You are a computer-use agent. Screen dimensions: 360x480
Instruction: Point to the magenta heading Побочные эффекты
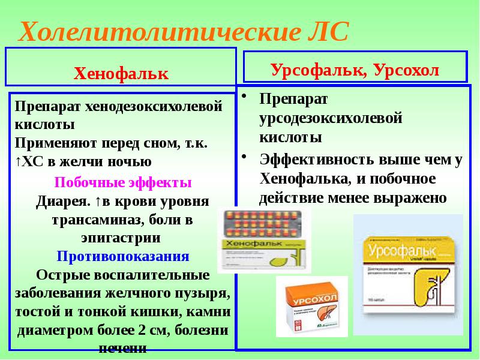[x=123, y=182]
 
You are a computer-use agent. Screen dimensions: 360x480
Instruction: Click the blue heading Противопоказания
[x=123, y=257]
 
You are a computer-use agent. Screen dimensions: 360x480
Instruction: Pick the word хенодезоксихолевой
[x=154, y=107]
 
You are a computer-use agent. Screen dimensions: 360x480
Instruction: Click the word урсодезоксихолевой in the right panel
[x=329, y=118]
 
